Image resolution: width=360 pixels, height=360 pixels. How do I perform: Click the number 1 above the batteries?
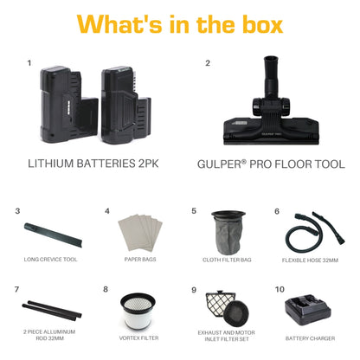29,63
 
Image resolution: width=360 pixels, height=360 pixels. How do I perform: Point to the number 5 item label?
194,210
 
